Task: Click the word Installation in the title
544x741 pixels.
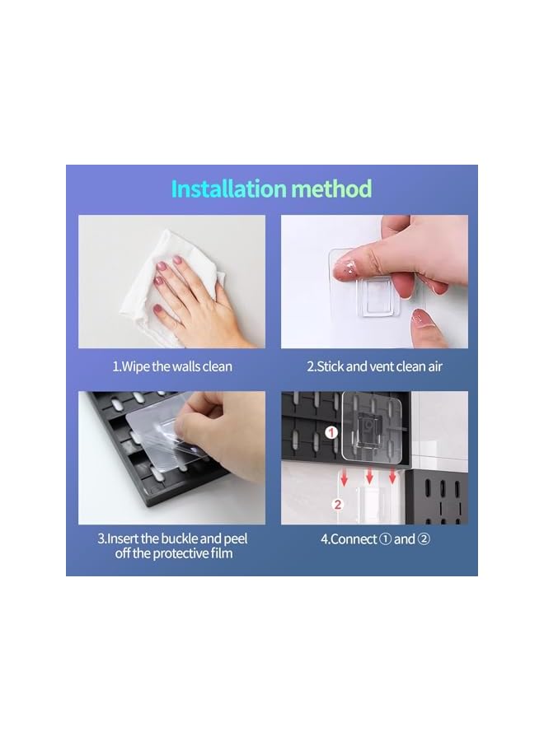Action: pos(227,189)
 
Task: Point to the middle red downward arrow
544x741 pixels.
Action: pos(369,475)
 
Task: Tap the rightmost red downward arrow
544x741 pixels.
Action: pos(393,475)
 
